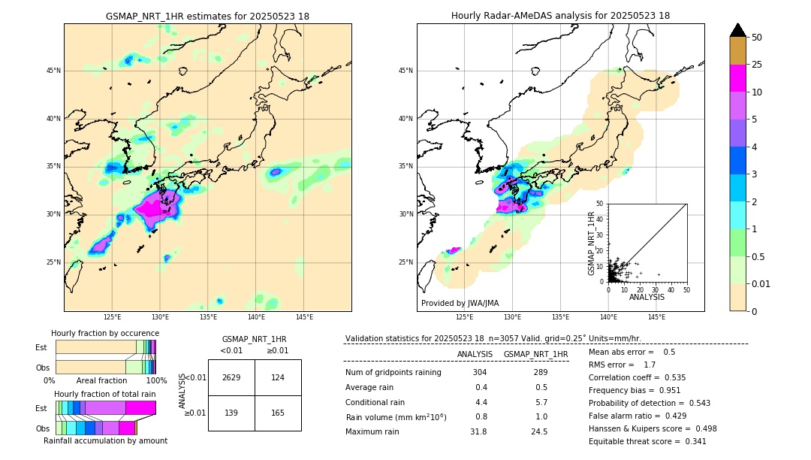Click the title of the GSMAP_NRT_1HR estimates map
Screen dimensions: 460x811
click(207, 16)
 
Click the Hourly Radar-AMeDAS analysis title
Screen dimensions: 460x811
click(560, 16)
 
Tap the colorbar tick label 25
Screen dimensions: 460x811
click(757, 65)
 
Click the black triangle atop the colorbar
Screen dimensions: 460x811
click(738, 30)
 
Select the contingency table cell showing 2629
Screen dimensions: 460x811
click(231, 377)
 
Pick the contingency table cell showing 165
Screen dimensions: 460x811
click(278, 413)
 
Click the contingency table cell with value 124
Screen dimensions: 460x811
click(278, 377)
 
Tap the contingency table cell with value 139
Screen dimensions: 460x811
click(231, 413)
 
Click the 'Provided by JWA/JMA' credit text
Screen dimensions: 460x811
click(460, 303)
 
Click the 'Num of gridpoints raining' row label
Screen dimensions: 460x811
click(393, 373)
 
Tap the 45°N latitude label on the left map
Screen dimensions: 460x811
click(53, 71)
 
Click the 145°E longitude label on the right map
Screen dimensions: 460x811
click(656, 317)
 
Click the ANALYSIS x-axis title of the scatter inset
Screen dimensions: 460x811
click(647, 297)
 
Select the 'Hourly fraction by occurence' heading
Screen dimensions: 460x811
click(105, 333)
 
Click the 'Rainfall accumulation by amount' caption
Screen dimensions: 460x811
click(105, 440)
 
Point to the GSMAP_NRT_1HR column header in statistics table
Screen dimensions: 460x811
click(535, 354)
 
